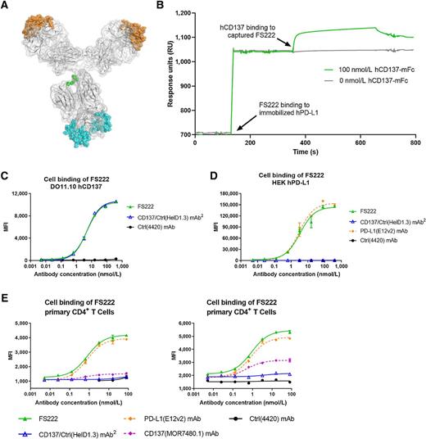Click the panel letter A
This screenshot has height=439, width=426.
tap(7, 7)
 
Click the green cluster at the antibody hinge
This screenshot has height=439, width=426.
tap(75, 79)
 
